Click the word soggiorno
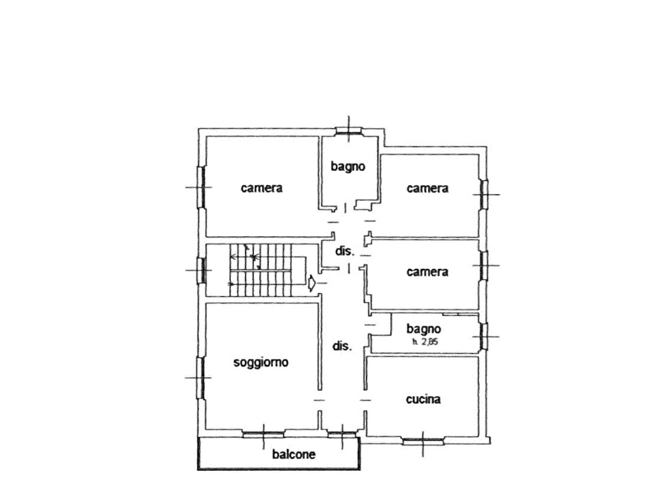click(x=261, y=362)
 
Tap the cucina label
click(x=423, y=399)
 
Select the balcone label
click(x=294, y=455)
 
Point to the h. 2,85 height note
click(x=425, y=342)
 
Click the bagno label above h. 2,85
click(x=423, y=329)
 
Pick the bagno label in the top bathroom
click(x=348, y=167)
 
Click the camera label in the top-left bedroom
click(x=261, y=188)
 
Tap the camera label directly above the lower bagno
click(x=427, y=272)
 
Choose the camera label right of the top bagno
click(x=427, y=188)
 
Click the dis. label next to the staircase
click(x=344, y=251)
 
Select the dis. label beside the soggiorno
click(x=342, y=346)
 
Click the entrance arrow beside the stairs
click(x=312, y=283)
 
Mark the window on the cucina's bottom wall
click(x=423, y=442)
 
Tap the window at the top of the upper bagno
click(x=349, y=131)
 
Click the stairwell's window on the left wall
click(x=201, y=270)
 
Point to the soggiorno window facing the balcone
click(x=264, y=434)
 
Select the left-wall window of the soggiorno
click(x=201, y=378)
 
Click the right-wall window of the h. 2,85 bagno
click(x=483, y=337)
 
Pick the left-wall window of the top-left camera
click(x=201, y=187)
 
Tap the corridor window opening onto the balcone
click(x=342, y=434)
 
